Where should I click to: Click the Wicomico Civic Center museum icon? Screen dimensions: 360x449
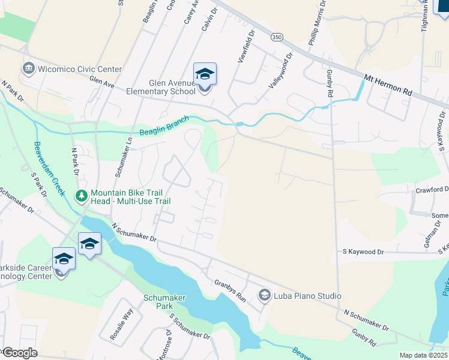[x=28, y=69]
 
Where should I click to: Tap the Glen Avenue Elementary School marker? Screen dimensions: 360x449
[x=205, y=75]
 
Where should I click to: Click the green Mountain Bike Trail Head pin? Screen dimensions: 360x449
[x=82, y=196]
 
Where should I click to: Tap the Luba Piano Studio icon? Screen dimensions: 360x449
[x=264, y=295]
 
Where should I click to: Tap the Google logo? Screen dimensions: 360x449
[x=19, y=353]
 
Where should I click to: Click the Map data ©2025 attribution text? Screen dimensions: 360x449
[x=423, y=355]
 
